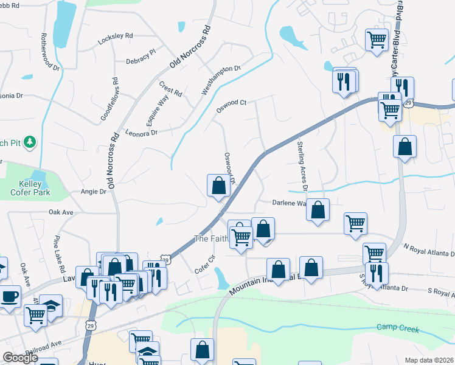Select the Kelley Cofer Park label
click(x=30, y=188)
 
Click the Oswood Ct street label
click(x=231, y=106)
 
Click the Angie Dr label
click(x=93, y=191)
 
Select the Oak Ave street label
click(x=61, y=212)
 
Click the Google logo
click(x=20, y=358)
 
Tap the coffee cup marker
click(x=9, y=297)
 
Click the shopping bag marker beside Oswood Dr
click(x=218, y=186)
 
